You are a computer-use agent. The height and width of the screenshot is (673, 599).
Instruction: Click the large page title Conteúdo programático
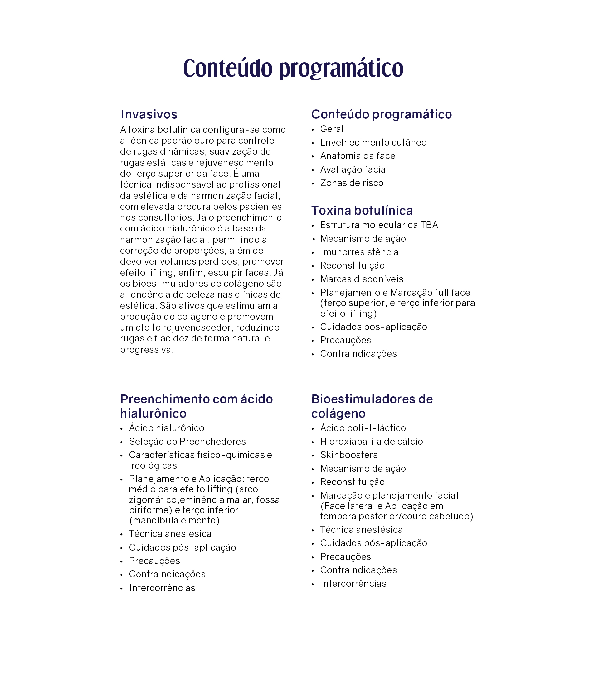(x=293, y=68)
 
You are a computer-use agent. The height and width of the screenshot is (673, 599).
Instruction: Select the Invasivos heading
(x=149, y=114)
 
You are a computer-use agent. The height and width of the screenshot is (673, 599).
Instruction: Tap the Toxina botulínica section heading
(x=362, y=210)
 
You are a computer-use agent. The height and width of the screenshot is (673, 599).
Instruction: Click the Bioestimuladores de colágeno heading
(x=372, y=406)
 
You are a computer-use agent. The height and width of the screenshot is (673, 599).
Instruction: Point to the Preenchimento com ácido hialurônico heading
(x=197, y=406)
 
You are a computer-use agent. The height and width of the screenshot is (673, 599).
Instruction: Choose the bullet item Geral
(x=332, y=129)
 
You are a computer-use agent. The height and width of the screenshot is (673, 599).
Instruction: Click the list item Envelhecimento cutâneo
(x=373, y=143)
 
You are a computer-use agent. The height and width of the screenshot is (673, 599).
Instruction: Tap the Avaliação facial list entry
(x=354, y=169)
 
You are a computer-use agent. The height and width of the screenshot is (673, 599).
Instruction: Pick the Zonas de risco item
(x=352, y=183)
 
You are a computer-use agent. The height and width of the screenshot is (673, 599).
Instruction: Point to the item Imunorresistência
(x=359, y=252)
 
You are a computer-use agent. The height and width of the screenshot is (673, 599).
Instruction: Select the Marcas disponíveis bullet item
(x=362, y=279)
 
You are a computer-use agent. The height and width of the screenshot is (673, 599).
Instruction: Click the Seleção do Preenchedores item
(x=187, y=442)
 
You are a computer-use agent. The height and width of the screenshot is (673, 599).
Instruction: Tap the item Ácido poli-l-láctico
(x=363, y=428)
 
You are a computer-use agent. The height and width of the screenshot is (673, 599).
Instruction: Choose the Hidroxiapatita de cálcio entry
(x=372, y=442)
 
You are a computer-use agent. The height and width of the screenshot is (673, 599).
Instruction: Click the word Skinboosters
(x=349, y=455)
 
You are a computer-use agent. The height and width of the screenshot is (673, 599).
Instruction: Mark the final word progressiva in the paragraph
(x=146, y=350)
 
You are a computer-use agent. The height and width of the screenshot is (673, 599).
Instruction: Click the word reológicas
(x=154, y=465)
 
